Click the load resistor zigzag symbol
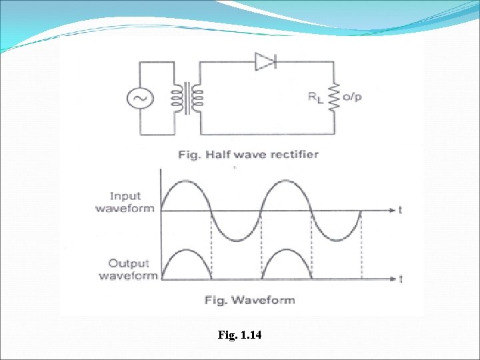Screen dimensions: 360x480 coord(335,97)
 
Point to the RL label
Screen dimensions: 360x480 coord(315,97)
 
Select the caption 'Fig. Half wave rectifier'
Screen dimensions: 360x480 coord(248,155)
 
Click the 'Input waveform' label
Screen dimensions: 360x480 coord(125,202)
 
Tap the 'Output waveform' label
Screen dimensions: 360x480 coord(128,269)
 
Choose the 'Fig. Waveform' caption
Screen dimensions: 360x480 coord(249,300)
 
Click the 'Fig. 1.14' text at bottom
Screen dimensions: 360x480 coord(240,335)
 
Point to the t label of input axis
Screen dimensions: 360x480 coord(399,210)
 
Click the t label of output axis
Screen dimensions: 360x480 coord(400,277)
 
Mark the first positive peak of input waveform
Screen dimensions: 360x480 coord(185,181)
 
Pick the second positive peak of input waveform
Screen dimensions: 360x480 coord(287,181)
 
